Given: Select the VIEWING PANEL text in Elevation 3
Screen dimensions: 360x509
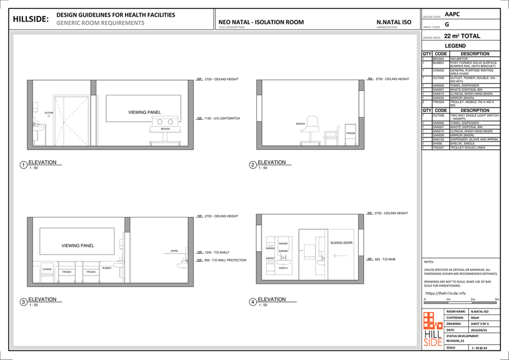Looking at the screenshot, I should coord(78,245).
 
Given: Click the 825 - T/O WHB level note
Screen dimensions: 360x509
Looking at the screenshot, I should coord(385,260).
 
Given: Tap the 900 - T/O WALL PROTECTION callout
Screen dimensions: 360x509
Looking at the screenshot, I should coord(224,260).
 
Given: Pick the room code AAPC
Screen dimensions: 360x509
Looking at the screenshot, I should coord(452,13).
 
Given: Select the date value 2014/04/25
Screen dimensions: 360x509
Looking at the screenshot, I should coord(475,329).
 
